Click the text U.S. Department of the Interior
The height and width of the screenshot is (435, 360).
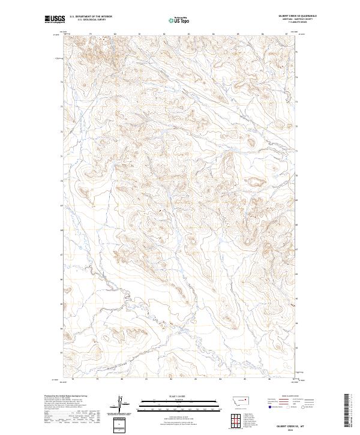pos(91,17)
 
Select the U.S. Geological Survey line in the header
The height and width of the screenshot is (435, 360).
pos(91,20)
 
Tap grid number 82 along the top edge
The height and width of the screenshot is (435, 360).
pos(164,34)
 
